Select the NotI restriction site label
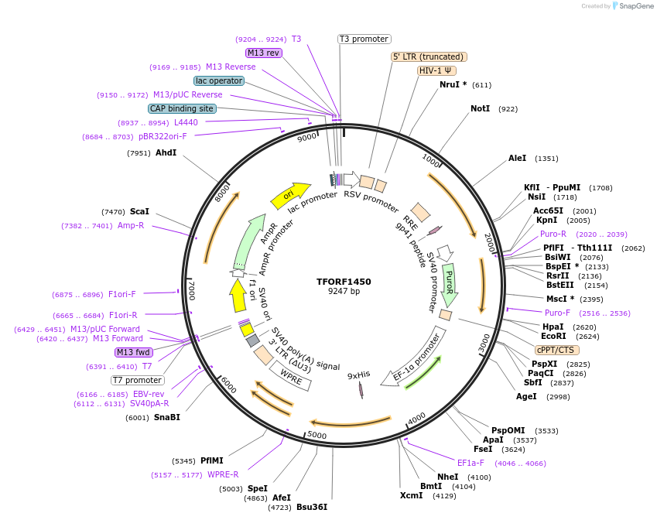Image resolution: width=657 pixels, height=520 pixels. [x=480, y=109]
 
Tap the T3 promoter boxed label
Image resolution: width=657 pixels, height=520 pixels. [x=364, y=39]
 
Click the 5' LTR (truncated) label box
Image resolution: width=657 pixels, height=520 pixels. [x=429, y=56]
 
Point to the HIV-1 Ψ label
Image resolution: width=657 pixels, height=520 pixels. [x=436, y=70]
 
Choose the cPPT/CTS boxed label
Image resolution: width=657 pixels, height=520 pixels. [x=556, y=350]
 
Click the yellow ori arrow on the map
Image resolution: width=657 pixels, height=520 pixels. [x=289, y=196]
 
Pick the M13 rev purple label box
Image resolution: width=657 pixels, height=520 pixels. [x=264, y=53]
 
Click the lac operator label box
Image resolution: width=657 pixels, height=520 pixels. [x=219, y=80]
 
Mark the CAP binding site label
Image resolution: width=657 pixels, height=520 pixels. [x=182, y=109]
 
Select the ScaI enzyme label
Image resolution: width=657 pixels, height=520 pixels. [x=139, y=211]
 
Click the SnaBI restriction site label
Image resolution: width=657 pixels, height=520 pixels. [x=166, y=417]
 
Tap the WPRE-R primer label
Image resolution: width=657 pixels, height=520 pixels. [x=223, y=474]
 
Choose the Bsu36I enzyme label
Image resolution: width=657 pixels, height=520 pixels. [x=312, y=507]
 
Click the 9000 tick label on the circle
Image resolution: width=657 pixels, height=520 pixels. [x=307, y=138]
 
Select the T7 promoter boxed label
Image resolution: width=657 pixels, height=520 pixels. [x=138, y=380]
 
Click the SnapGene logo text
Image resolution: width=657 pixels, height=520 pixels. [x=632, y=6]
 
